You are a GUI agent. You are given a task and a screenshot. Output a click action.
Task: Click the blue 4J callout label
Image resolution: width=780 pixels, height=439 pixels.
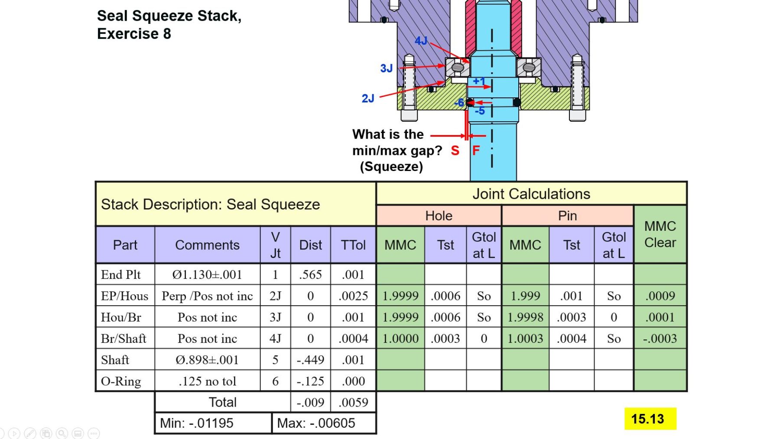421,41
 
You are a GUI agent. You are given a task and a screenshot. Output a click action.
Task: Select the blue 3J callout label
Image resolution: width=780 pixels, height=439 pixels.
386,68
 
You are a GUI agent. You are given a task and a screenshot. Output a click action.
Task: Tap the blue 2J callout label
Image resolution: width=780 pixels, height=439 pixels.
368,99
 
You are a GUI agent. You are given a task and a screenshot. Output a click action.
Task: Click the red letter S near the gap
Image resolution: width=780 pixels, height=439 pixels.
455,151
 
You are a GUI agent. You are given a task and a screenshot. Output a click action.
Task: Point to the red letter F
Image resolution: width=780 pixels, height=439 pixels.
476,151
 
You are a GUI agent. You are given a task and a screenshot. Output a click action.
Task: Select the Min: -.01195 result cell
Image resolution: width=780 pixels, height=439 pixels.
213,423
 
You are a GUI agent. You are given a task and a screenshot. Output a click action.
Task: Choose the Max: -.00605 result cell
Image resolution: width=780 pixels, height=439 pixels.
324,423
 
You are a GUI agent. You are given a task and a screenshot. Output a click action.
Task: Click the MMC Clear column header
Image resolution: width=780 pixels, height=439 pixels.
660,234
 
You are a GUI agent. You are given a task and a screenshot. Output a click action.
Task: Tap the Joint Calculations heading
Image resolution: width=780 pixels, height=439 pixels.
531,194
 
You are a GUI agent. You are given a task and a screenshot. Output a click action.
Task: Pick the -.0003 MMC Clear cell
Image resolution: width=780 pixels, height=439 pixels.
660,339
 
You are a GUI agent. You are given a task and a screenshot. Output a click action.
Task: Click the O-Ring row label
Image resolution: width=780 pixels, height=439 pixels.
121,381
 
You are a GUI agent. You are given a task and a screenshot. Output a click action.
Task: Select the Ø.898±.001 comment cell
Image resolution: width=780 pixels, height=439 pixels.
207,360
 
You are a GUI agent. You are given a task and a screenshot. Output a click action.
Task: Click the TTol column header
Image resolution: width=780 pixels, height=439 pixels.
353,245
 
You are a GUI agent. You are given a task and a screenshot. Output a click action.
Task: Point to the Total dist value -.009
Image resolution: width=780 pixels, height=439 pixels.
310,402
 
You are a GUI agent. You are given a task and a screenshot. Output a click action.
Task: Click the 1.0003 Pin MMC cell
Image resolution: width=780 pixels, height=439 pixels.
525,339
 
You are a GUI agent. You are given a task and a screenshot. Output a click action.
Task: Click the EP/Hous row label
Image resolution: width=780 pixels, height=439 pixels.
124,296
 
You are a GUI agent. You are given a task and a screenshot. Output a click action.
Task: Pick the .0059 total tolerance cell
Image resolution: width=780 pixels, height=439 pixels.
353,402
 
